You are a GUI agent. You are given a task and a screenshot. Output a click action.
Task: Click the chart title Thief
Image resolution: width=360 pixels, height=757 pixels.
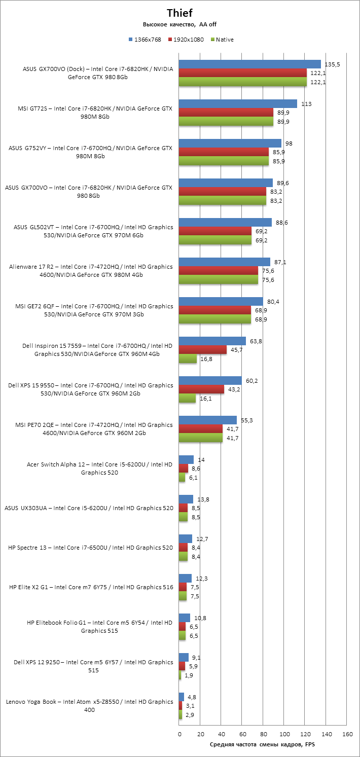point(179,13)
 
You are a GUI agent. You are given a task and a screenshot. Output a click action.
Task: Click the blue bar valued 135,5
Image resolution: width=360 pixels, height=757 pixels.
point(250,64)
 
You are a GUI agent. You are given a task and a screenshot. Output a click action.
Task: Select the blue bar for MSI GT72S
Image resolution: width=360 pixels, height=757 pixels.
point(238,103)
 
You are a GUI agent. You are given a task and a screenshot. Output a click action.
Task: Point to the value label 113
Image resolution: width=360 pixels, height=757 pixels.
point(306,103)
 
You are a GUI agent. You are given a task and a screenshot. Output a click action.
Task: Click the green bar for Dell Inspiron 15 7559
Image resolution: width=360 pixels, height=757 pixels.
point(188,359)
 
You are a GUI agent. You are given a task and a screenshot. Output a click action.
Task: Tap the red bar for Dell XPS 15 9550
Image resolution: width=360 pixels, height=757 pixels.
point(201,389)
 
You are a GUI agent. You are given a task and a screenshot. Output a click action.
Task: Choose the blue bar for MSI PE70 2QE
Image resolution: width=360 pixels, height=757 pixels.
point(208,420)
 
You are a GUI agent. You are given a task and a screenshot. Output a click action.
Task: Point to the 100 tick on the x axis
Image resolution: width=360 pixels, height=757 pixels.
point(284,734)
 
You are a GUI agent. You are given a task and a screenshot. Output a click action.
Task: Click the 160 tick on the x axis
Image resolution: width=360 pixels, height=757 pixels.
point(347,734)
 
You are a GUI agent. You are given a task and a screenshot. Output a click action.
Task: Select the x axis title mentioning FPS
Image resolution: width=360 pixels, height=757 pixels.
point(262,744)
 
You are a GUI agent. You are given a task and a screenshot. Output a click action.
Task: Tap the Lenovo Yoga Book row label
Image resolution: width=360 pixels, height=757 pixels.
point(90,706)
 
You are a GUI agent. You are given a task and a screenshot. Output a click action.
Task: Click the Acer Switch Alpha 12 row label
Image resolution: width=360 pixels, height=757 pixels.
point(99,468)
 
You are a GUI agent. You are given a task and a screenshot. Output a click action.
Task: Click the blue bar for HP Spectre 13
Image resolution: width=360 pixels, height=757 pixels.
point(186,538)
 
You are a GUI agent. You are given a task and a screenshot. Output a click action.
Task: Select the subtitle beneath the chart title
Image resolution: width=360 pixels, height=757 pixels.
point(179,24)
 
